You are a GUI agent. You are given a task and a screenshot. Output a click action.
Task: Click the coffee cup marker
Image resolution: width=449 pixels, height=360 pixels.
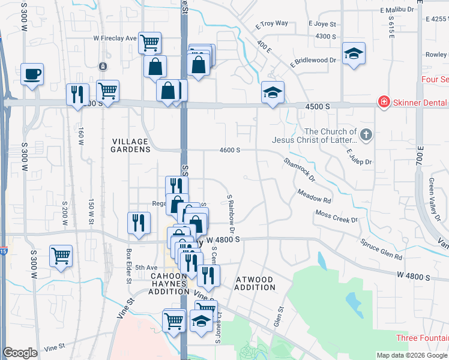click(32, 75)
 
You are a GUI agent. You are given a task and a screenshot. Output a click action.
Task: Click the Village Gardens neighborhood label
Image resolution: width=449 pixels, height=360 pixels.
click(130, 145)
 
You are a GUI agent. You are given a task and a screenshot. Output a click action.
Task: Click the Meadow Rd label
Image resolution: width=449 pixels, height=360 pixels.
click(314, 196)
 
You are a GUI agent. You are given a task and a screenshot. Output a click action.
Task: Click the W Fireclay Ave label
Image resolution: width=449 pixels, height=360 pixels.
click(115, 38)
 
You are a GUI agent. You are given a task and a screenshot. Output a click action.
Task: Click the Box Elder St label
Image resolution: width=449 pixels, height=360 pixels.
click(128, 259)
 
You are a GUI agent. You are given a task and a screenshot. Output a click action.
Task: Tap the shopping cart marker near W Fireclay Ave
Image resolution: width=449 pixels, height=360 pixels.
click(149, 43)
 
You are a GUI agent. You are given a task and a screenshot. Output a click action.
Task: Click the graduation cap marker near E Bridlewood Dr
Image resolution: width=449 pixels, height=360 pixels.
click(354, 53)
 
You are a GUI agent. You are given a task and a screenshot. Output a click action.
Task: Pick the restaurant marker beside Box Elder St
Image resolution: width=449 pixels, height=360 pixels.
click(139, 223)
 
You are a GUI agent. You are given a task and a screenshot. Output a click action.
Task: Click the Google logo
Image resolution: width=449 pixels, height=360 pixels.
click(20, 353)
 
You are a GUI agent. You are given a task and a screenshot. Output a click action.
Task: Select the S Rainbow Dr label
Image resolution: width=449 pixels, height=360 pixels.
click(229, 214)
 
